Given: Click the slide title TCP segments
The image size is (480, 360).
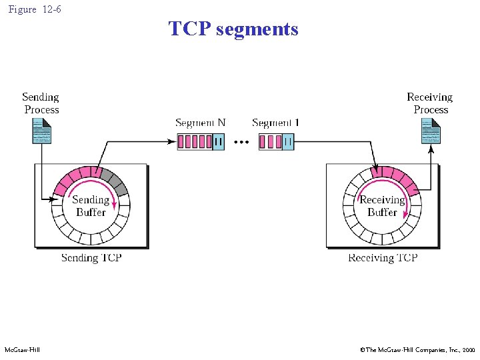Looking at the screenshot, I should pos(233,29).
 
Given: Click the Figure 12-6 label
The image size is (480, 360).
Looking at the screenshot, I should pos(33,10).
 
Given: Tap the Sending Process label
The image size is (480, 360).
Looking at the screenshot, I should pos(41,103).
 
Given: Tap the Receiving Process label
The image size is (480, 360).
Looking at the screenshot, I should pos(430,103).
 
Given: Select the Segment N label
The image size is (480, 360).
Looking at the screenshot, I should pos(200,123).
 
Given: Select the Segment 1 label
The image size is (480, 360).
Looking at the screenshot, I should pos(273,123).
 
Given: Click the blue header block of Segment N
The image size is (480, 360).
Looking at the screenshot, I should pos(218,142).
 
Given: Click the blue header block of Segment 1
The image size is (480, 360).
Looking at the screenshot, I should pos(287,142).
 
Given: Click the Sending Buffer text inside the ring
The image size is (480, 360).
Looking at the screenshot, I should pos(91,206).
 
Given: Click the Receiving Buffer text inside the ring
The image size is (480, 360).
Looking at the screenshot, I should pos(382,206).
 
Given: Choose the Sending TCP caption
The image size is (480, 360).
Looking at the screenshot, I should pos(91,258).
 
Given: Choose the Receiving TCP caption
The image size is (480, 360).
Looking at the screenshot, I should pos(383,258).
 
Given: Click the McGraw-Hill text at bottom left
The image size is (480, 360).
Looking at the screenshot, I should pos(22,349).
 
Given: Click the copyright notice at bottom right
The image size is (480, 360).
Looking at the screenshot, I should pos(417,349).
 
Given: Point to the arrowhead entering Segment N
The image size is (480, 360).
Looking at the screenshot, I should pos(173,141).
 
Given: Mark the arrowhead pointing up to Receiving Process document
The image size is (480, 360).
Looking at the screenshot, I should pos(431,149).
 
